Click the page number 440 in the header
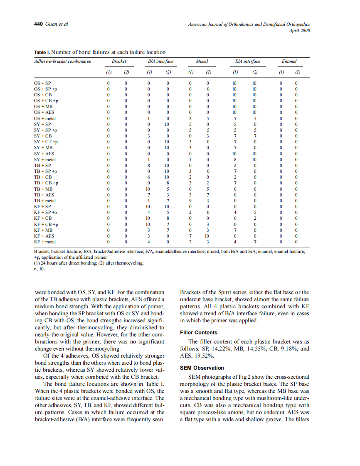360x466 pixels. pos(38,24)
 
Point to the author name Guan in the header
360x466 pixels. pos(52,24)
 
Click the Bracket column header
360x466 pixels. pos(119,61)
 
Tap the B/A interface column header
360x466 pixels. pos(160,61)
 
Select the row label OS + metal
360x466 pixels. pos(45,118)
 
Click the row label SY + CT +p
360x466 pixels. pos(46,142)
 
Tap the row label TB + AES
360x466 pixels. pos(44,195)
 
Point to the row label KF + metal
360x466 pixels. pos(45,242)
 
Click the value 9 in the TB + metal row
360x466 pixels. pos(190,201)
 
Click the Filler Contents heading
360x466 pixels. pos(198,333)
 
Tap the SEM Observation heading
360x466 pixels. pos(202,368)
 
